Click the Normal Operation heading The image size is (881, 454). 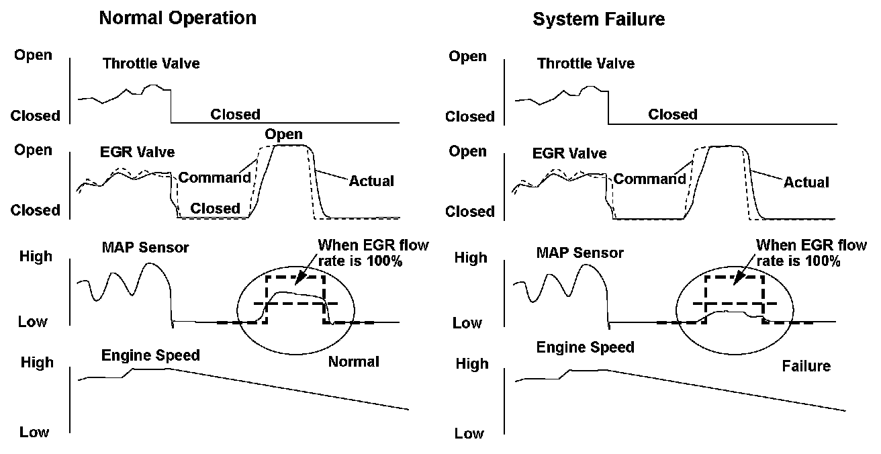point(177,18)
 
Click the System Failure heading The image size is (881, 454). point(598,19)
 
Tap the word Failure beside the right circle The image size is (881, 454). point(806,366)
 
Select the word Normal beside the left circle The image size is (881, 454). point(353,362)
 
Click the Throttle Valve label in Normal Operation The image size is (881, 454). point(151,64)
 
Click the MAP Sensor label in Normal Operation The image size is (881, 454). point(146,248)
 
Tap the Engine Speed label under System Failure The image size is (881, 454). point(585,347)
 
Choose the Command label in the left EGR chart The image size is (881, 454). point(214,178)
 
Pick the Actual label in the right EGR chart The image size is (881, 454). point(806,182)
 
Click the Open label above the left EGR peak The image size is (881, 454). point(283,134)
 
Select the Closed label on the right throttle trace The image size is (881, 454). point(672,115)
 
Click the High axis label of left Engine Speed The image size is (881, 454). point(38,363)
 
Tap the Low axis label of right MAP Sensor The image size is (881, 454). point(467,323)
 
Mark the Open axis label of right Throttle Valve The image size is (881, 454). point(467,56)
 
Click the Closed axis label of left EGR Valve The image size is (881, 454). point(35,210)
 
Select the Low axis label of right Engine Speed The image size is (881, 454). point(469,433)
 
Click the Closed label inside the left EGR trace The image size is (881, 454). point(215,208)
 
